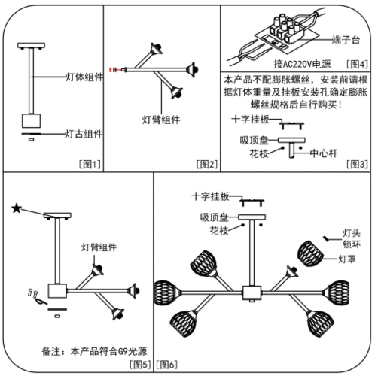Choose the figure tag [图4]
(355, 65)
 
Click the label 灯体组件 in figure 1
(79, 77)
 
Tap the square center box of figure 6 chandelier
(251, 290)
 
